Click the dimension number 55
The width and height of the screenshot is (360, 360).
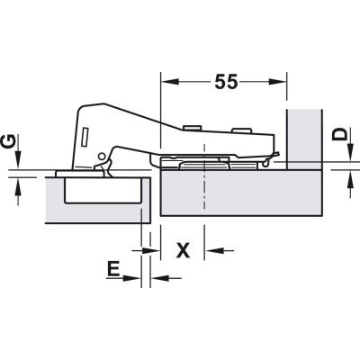226,81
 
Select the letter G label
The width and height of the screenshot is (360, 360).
8,142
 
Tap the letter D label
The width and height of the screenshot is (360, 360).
339,134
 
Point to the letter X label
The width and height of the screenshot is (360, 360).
183,250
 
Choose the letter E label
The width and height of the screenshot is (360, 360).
113,268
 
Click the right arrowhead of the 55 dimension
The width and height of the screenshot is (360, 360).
276,82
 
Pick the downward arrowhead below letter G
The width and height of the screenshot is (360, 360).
18,160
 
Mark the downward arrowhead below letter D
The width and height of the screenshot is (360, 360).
350,152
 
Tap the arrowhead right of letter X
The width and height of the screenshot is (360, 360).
212,250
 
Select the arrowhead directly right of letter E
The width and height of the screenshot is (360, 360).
158,278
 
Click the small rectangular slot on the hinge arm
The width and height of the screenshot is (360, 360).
85,137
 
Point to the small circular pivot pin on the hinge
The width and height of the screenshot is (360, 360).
102,156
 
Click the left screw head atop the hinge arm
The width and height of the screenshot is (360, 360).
192,128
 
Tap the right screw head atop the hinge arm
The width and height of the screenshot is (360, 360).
241,130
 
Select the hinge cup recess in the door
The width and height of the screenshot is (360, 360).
103,190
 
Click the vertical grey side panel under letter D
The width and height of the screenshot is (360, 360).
304,139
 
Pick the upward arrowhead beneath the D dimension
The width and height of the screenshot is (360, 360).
350,178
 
